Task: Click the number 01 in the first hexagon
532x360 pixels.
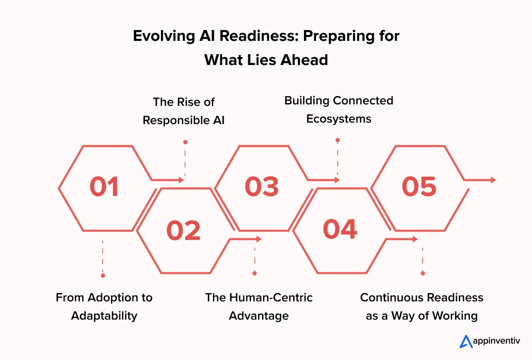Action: click(x=104, y=187)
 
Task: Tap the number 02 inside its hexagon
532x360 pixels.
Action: click(x=183, y=230)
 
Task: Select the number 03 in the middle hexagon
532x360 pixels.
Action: click(x=262, y=187)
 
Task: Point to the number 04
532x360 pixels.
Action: click(x=340, y=229)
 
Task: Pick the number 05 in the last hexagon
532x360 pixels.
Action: click(x=419, y=187)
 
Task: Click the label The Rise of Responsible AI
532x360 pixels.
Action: click(x=184, y=111)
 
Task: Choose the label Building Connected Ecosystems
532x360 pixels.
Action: click(x=338, y=109)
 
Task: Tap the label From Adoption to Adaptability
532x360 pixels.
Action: click(x=104, y=306)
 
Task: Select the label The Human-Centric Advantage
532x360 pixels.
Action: click(x=259, y=306)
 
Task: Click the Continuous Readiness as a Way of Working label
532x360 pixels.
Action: click(x=422, y=306)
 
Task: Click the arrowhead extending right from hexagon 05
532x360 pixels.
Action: click(x=493, y=180)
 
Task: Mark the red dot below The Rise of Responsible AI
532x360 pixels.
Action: click(x=185, y=142)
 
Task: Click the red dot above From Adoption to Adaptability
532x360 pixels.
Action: click(x=103, y=275)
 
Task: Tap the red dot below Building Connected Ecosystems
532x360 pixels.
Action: click(x=337, y=140)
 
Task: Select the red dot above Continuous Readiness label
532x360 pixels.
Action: click(x=423, y=273)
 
